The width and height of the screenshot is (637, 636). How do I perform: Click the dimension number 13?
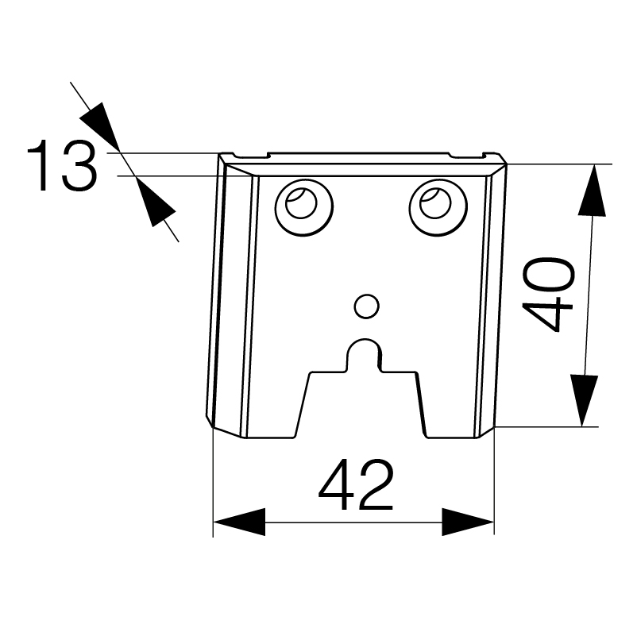pyautogui.click(x=62, y=165)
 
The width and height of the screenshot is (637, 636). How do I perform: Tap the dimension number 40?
pyautogui.click(x=547, y=295)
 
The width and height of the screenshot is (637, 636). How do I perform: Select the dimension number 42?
pyautogui.click(x=356, y=484)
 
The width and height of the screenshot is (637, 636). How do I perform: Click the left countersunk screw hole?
pyautogui.click(x=304, y=206)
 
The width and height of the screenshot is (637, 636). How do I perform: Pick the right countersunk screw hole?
pyautogui.click(x=438, y=206)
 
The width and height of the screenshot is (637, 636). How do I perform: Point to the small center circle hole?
pyautogui.click(x=366, y=306)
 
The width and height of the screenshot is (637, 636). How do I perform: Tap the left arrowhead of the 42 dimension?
pyautogui.click(x=239, y=522)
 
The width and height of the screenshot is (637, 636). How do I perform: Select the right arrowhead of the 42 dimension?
pyautogui.click(x=468, y=522)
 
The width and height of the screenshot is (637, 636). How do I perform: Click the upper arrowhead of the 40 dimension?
pyautogui.click(x=592, y=190)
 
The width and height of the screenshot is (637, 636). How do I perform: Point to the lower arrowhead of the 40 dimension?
pyautogui.click(x=585, y=400)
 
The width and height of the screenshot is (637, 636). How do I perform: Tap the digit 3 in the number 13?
pyautogui.click(x=80, y=166)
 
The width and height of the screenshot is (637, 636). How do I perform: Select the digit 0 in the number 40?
pyautogui.click(x=548, y=274)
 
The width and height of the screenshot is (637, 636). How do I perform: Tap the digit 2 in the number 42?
pyautogui.click(x=376, y=484)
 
